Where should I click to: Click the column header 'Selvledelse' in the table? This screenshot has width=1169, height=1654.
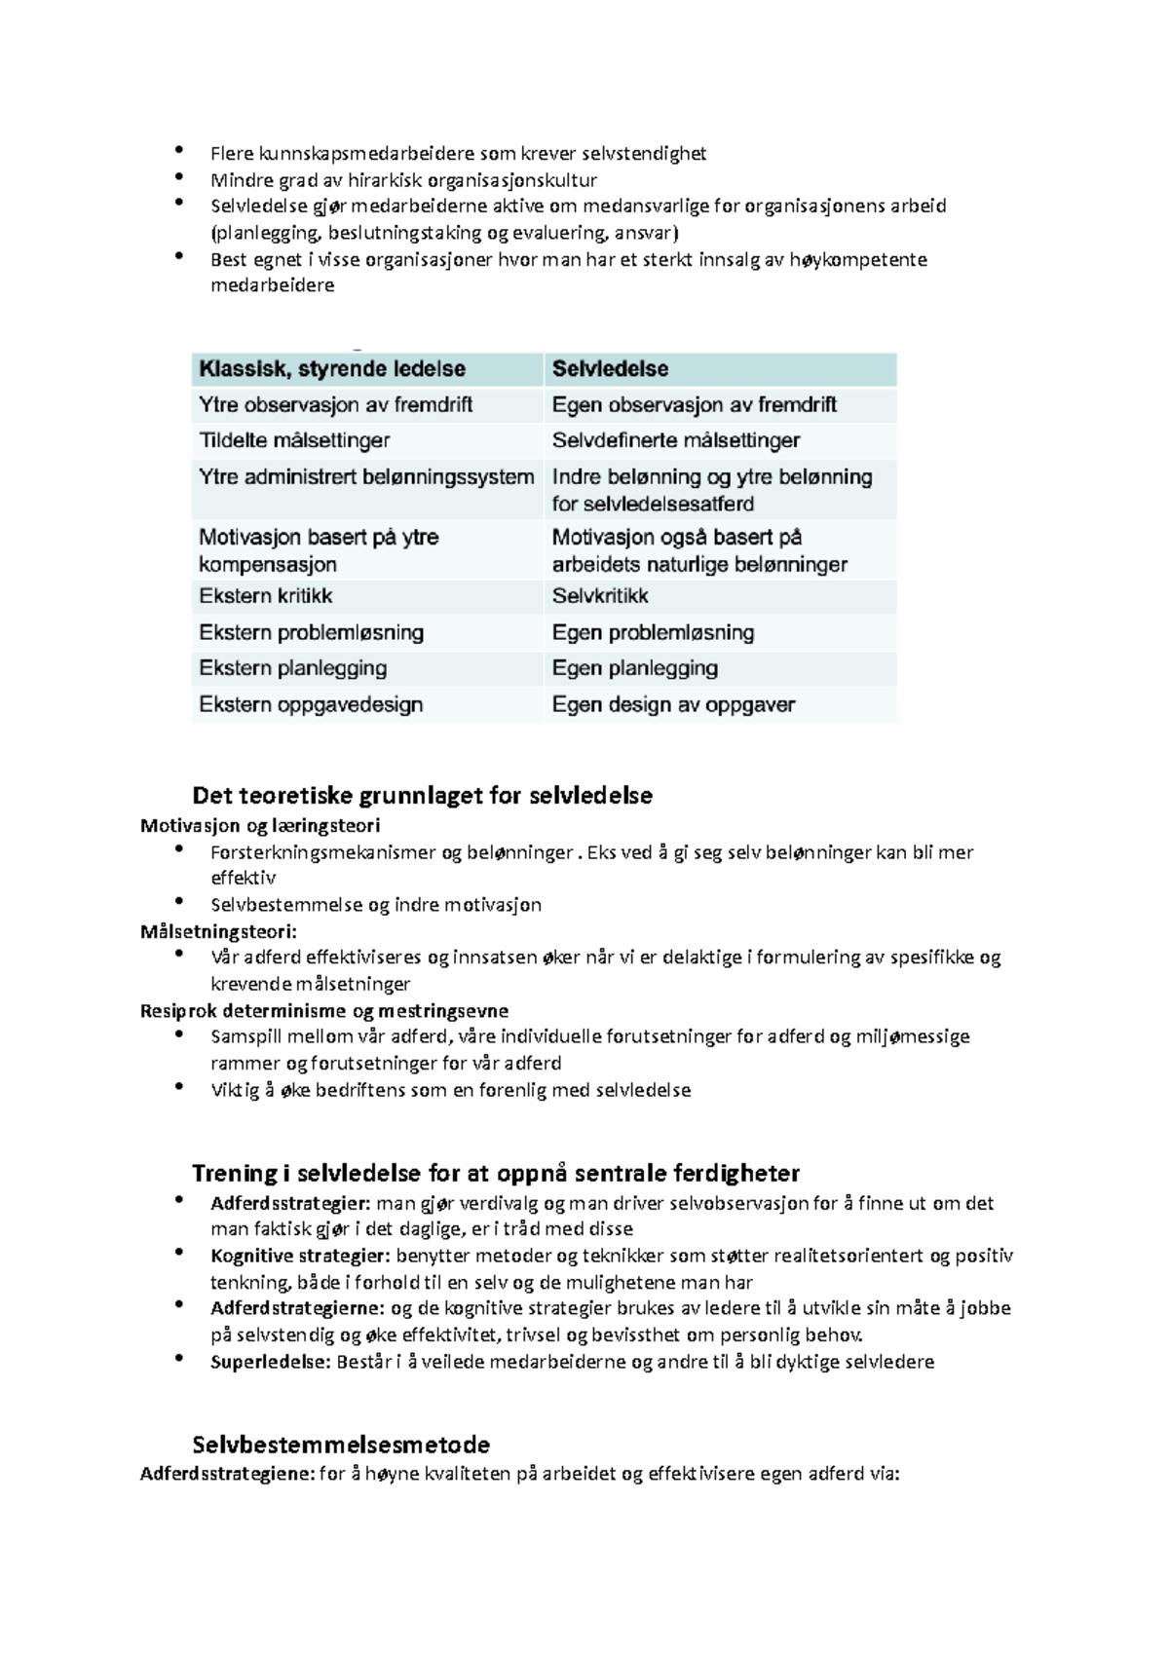611,369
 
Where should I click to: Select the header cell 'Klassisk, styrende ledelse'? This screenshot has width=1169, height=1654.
332,369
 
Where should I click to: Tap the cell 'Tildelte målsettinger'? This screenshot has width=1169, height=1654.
294,440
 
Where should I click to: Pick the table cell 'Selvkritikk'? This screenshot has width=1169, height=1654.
600,596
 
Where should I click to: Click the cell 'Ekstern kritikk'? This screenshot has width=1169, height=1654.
266,596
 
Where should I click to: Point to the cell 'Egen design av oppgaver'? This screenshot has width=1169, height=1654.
673,704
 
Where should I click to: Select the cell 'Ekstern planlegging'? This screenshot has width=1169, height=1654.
293,668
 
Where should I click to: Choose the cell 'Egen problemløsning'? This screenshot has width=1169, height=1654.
653,633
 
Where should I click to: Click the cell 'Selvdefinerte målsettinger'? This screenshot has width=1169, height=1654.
676,440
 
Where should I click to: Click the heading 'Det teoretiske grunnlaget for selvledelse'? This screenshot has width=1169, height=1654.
422,796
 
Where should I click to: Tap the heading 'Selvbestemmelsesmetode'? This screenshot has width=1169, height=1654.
341,1444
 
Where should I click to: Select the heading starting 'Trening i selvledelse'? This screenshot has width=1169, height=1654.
495,1173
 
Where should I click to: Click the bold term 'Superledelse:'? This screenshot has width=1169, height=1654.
270,1362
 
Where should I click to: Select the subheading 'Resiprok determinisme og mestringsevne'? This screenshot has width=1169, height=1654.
323,1011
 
